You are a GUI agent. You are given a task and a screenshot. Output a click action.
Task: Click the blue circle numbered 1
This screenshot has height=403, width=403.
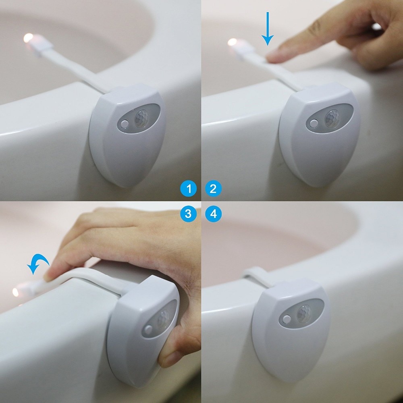click(x=188, y=189)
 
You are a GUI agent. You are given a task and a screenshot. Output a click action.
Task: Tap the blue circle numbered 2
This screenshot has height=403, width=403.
click(x=213, y=189)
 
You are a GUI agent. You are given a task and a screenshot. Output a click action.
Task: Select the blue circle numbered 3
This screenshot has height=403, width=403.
click(x=188, y=214)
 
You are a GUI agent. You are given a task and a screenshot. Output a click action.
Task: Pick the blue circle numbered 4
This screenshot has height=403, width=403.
click(x=213, y=214)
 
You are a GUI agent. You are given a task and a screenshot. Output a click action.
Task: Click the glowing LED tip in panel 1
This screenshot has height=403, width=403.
click(x=29, y=38)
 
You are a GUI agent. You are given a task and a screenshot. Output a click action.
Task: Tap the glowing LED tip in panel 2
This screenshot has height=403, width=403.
click(x=233, y=42)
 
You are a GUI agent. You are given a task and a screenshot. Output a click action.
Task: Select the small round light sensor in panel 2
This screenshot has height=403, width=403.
click(x=314, y=123)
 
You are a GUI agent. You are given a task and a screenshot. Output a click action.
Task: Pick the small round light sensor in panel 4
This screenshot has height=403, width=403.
click(x=287, y=320)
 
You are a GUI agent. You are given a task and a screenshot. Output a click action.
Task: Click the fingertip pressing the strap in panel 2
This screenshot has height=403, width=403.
click(x=276, y=56)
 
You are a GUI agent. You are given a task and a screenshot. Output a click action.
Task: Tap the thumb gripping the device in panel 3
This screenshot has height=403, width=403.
click(x=173, y=355)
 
